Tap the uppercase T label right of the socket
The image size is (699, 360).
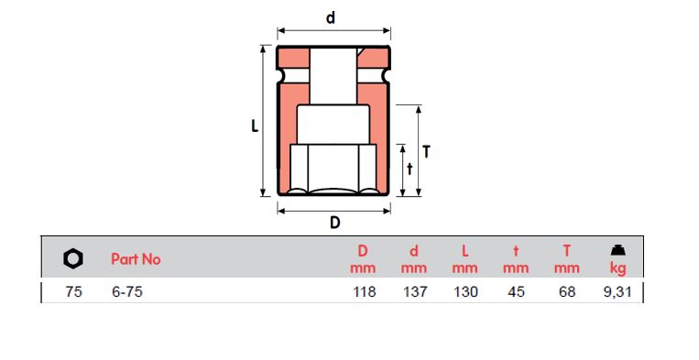[x=426, y=152]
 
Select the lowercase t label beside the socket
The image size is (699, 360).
[x=409, y=169]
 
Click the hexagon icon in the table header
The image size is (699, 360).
[x=73, y=259]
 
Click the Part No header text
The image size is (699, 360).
[x=136, y=259]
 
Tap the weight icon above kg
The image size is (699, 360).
[x=618, y=250]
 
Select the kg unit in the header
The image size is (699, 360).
[x=618, y=268]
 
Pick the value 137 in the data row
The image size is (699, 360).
[x=414, y=293]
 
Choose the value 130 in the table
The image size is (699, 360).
[x=465, y=293]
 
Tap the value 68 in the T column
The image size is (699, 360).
[x=568, y=293]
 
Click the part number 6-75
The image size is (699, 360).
[x=126, y=293]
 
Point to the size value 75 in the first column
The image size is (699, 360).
[x=74, y=293]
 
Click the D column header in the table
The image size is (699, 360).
[x=363, y=250]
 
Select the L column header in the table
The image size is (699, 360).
[x=465, y=250]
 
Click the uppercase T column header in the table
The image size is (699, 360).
[x=567, y=250]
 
